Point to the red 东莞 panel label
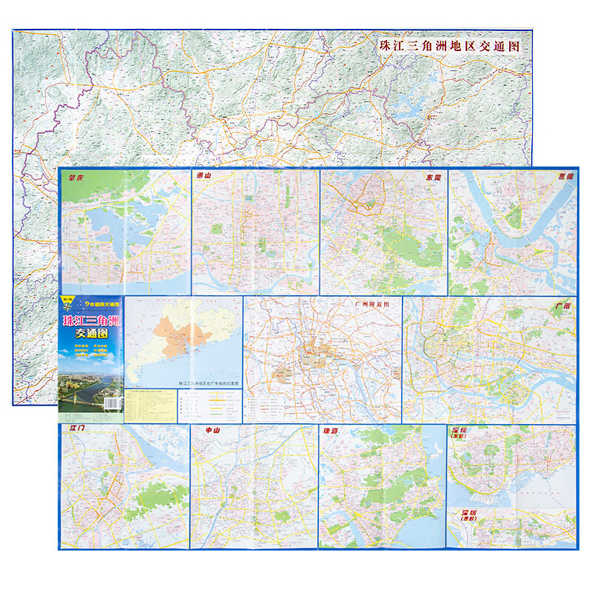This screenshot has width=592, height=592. coord(433,178)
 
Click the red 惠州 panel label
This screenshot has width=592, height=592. coord(565,178)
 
